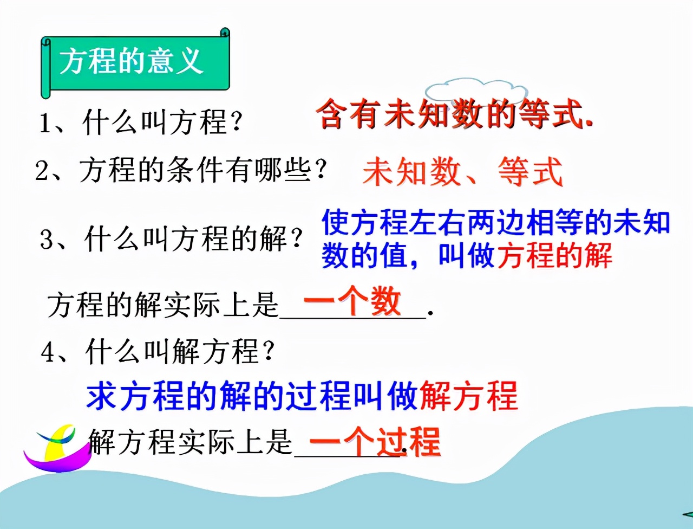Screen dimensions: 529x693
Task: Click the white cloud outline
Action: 476,90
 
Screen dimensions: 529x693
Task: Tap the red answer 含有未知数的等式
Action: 454,114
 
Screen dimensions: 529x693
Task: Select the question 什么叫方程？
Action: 162,122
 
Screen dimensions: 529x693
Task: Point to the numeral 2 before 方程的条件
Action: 42,171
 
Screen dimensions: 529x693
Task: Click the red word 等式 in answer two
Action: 531,172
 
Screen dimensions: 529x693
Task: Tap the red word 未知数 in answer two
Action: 411,172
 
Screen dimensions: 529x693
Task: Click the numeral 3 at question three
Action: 48,240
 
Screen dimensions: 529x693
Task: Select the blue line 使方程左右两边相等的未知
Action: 496,222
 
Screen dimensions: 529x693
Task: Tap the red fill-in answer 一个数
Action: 352,301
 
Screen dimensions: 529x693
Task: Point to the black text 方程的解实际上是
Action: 162,305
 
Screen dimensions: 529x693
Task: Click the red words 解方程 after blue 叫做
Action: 469,396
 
